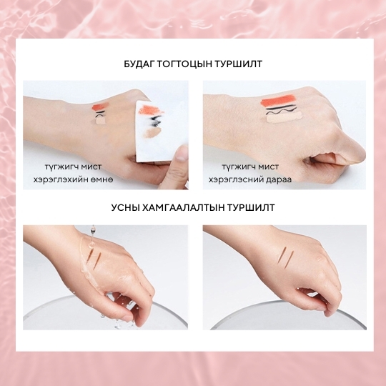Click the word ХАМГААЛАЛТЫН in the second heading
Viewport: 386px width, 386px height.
[183, 207]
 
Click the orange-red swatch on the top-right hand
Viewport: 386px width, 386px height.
[278, 102]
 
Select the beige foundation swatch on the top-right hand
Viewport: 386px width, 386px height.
[284, 118]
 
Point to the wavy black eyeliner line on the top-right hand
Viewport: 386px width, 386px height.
[283, 112]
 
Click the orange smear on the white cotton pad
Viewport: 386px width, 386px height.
[150, 109]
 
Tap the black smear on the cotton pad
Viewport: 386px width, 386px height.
[154, 121]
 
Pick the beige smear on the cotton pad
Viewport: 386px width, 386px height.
[152, 133]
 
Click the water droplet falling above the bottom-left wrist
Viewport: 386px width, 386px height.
[92, 230]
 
